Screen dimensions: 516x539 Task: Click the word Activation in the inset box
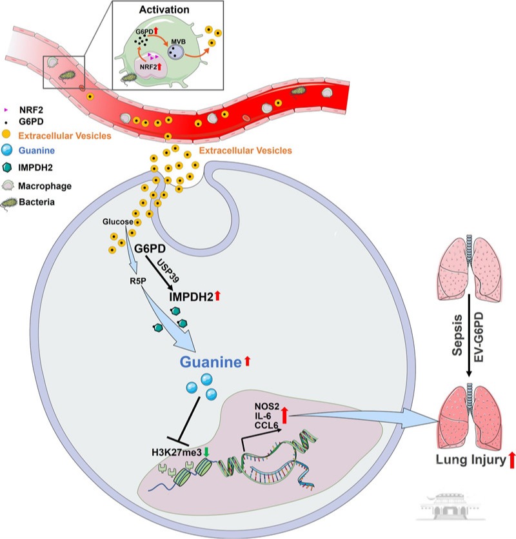[x=164, y=10]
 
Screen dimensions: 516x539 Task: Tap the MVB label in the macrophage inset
[x=178, y=41]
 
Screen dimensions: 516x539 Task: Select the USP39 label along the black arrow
[x=168, y=270]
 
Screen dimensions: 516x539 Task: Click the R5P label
[x=138, y=281]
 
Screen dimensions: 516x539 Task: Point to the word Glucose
[x=118, y=221]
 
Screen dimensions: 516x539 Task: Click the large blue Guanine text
[x=210, y=362]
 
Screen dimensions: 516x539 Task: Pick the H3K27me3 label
[x=177, y=453]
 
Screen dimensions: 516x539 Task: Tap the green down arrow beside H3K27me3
[x=206, y=452]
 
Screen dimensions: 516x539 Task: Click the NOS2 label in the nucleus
[x=267, y=407]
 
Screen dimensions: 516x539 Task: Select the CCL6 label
[x=266, y=425]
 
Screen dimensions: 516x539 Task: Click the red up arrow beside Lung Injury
[x=511, y=460]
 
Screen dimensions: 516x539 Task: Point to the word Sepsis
[x=457, y=335]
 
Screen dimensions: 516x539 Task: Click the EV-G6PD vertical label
[x=479, y=337]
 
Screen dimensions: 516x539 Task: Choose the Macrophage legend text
[x=45, y=186]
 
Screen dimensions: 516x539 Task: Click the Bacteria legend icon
[x=9, y=203]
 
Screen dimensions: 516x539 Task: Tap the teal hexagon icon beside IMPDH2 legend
[x=7, y=167]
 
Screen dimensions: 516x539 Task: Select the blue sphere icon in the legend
[x=6, y=150]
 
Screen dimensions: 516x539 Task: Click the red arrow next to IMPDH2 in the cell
[x=217, y=296]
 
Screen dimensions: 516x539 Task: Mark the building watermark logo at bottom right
[x=450, y=506]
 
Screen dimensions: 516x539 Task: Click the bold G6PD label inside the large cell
[x=150, y=248]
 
